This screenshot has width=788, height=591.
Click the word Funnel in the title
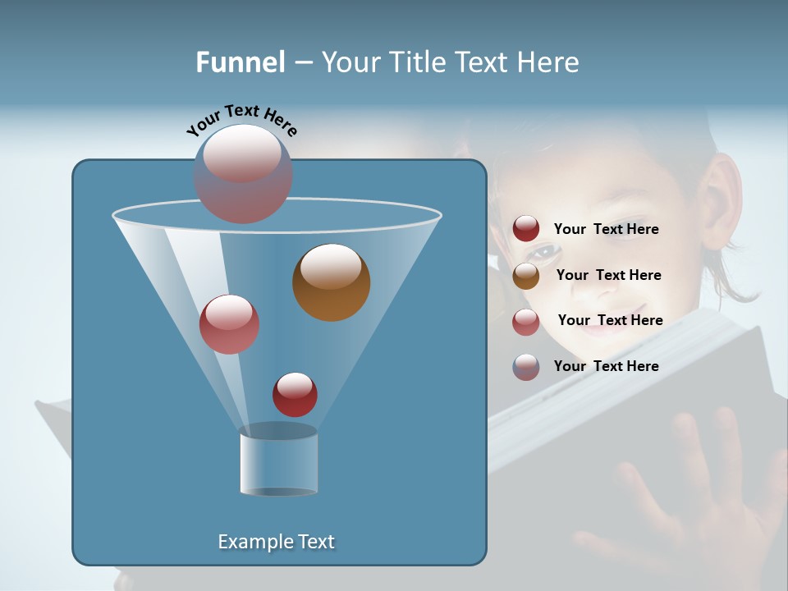(240, 62)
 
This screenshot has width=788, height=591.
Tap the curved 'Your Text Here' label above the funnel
(242, 121)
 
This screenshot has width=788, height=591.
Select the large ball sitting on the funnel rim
(243, 173)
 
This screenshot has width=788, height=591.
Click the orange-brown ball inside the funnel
(332, 282)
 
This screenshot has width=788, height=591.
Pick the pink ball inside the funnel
(229, 324)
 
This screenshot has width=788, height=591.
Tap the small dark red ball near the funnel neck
(295, 394)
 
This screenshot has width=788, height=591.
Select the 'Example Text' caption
(277, 542)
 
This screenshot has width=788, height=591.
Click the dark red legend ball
(526, 229)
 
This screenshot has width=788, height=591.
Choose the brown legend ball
(526, 276)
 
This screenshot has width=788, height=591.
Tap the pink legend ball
(526, 322)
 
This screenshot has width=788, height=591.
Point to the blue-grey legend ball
(526, 367)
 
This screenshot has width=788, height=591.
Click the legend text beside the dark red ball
(606, 230)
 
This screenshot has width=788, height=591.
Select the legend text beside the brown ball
(608, 276)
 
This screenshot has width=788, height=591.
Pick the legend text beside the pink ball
(610, 321)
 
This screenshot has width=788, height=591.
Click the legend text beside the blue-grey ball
(606, 367)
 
